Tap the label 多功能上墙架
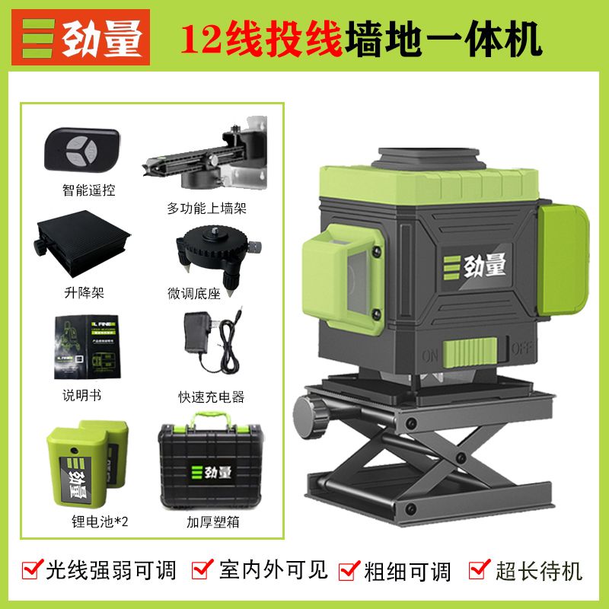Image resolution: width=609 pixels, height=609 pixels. pyautogui.click(x=207, y=208)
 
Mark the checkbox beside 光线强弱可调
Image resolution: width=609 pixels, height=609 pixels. pyautogui.click(x=33, y=569)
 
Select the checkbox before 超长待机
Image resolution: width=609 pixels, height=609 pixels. pyautogui.click(x=479, y=568)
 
